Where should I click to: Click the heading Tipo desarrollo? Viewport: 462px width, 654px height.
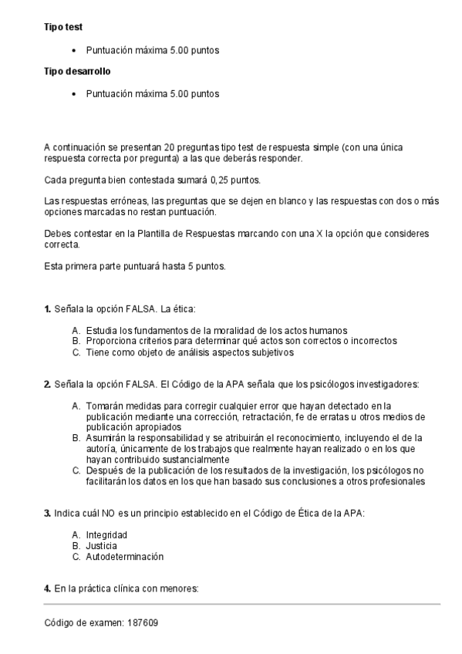click(x=77, y=72)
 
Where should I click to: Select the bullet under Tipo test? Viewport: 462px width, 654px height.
click(x=73, y=50)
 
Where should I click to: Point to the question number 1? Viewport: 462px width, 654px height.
click(x=47, y=309)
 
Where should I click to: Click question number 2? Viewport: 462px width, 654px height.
click(x=47, y=384)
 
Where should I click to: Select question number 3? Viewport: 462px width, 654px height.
click(x=47, y=513)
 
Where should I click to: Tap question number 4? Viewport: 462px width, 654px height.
click(x=47, y=589)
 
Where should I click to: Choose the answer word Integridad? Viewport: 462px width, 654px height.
click(x=106, y=534)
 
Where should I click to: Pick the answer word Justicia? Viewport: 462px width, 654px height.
click(x=103, y=545)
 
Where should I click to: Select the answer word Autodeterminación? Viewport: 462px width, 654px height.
click(x=125, y=556)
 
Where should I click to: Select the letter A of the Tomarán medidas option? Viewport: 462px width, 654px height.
click(x=76, y=406)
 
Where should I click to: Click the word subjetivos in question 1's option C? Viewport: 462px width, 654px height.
click(x=271, y=352)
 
